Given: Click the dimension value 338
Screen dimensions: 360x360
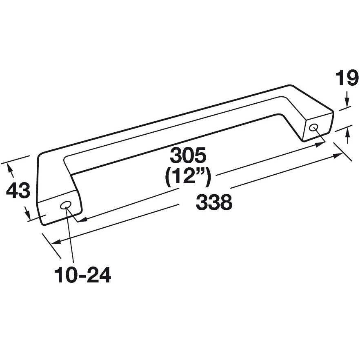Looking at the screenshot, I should pos(214,202).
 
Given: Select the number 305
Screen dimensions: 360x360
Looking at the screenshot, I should pos(189,156).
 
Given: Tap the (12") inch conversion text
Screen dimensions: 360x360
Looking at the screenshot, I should pos(188,176).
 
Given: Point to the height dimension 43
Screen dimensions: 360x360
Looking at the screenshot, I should pos(18,191).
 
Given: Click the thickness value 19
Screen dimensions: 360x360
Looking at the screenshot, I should pos(347,78).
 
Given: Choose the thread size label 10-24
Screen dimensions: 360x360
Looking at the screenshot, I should pos(83,276).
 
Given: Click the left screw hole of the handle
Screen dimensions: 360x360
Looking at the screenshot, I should pos(65,205).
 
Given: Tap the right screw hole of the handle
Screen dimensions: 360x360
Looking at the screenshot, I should pos(313,127).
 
